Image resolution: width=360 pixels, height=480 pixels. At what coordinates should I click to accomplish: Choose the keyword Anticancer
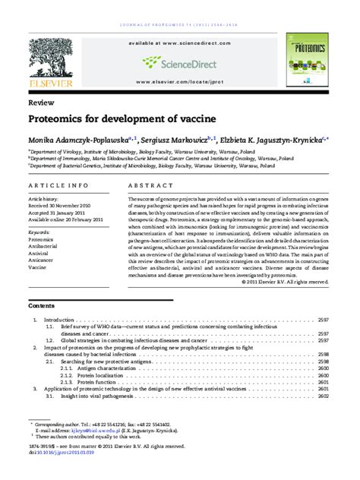(42, 261)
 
